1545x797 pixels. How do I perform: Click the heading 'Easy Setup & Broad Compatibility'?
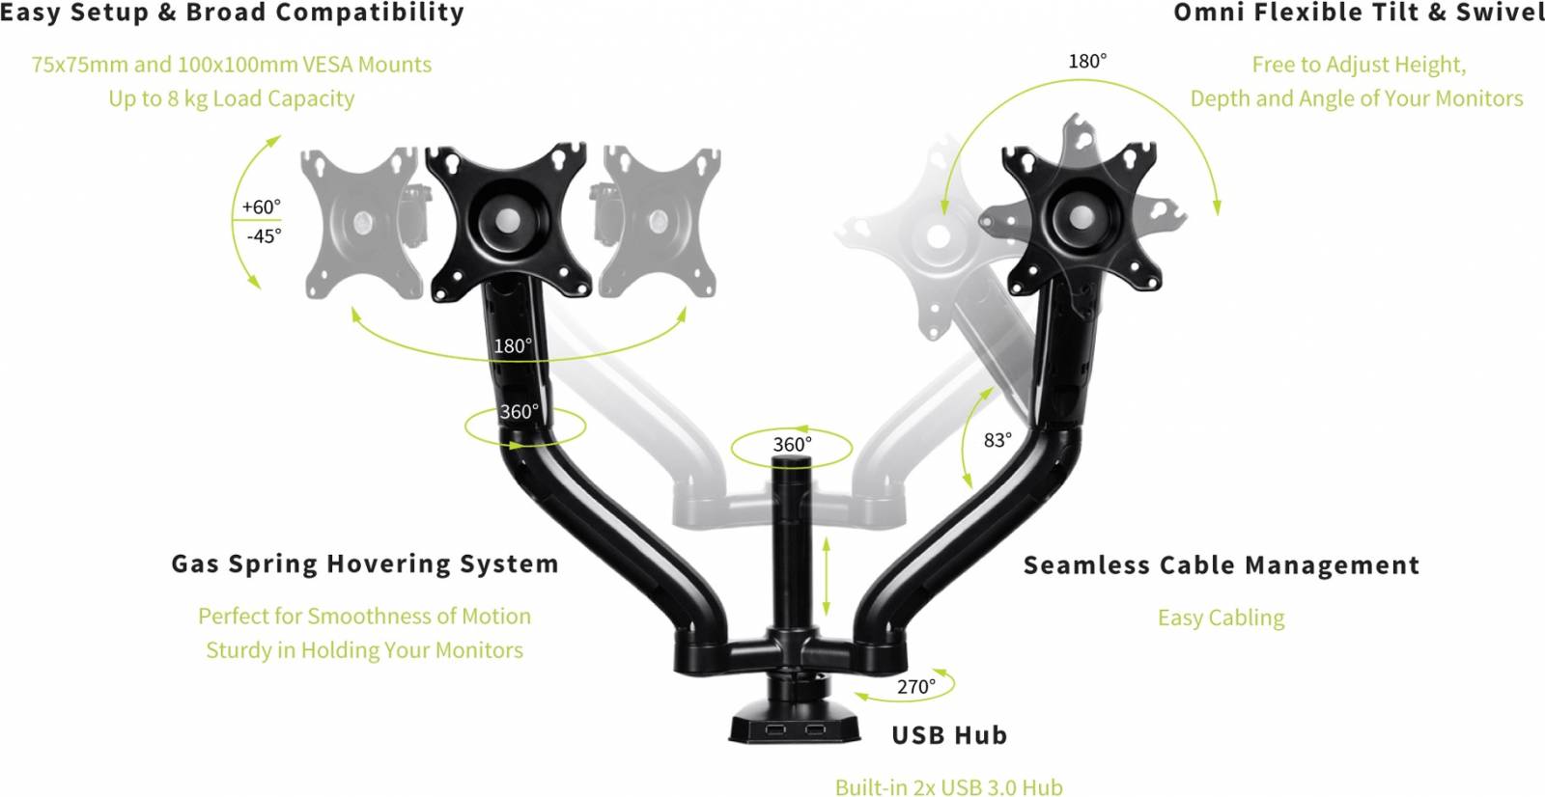click(x=232, y=14)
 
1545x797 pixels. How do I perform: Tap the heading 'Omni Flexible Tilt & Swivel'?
click(x=1358, y=14)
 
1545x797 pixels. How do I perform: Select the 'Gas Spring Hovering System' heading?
click(x=364, y=564)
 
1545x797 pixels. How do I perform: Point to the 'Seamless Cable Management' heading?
click(x=1221, y=565)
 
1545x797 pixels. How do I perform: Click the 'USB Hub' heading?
click(x=949, y=735)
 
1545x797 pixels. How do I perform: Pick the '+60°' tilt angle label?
click(x=261, y=207)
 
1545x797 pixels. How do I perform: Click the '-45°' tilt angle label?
click(x=264, y=236)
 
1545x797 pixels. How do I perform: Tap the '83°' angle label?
click(x=997, y=440)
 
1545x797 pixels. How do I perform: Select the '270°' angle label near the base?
click(x=915, y=687)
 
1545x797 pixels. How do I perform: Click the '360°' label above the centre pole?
click(x=792, y=445)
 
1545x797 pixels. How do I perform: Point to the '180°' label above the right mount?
click(x=1087, y=62)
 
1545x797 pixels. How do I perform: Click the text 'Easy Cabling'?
click(x=1221, y=618)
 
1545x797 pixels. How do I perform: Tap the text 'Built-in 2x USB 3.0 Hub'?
click(x=948, y=787)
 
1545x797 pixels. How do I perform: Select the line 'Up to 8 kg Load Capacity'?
click(x=231, y=98)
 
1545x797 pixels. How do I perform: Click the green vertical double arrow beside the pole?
click(x=827, y=576)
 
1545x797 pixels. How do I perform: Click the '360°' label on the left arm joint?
click(x=519, y=412)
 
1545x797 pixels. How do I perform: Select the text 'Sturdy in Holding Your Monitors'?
click(x=364, y=650)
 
